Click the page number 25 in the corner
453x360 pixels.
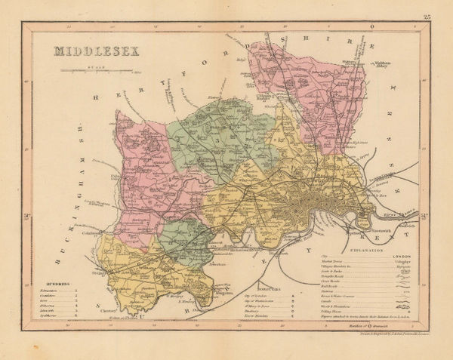click(427, 16)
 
